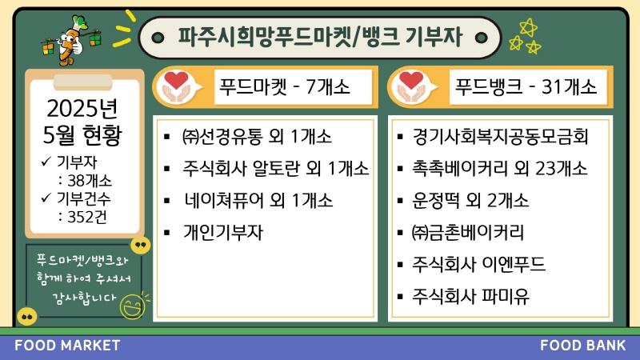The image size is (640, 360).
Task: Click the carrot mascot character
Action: (70, 41)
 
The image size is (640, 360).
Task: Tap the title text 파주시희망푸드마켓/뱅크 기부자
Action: (320, 37)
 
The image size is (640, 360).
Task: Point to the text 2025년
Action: (82, 109)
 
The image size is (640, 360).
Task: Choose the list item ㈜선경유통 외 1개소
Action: (257, 136)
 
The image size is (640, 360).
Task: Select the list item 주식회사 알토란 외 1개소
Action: (275, 168)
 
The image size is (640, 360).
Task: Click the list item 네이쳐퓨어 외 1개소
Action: (258, 201)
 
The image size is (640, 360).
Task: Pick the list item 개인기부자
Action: (223, 233)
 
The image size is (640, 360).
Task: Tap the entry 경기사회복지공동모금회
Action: (500, 136)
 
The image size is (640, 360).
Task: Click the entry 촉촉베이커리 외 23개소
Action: (499, 168)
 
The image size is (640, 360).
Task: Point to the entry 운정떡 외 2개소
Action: (470, 201)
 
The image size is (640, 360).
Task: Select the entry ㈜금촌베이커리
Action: (468, 233)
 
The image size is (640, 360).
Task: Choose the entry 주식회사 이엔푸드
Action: (478, 264)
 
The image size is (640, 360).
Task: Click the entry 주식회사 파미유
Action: (470, 296)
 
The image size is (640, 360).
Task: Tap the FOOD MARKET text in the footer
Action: (67, 346)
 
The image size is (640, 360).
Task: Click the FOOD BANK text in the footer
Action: (583, 346)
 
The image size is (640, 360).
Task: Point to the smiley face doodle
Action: (133, 306)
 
